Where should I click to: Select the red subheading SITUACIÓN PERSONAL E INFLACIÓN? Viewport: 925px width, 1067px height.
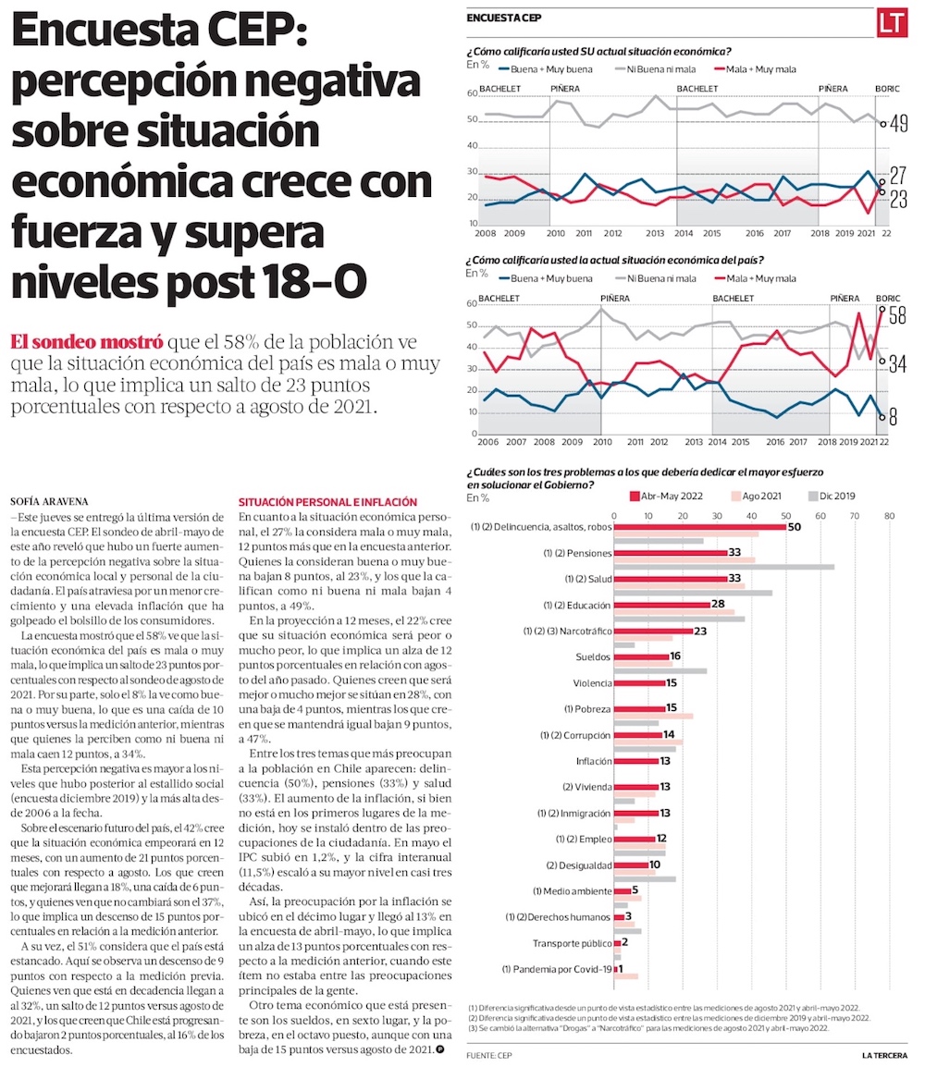pos(327,501)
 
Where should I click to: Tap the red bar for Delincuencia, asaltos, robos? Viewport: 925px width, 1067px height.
pos(700,527)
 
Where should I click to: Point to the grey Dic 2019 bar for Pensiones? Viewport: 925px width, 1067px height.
pos(724,567)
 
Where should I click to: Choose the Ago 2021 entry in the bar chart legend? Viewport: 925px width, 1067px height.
pos(761,496)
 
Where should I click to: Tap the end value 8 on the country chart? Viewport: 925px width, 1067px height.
pos(894,418)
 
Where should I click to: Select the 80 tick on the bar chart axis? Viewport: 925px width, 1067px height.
pos(889,515)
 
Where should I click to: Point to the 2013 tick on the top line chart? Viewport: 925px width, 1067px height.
pos(655,233)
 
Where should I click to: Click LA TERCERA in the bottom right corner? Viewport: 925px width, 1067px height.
pos(884,1055)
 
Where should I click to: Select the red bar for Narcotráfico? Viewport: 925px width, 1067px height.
pos(653,631)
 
